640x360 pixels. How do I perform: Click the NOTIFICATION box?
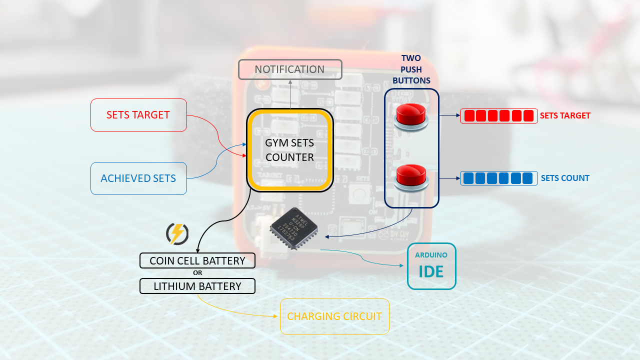click(290, 69)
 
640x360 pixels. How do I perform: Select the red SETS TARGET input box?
click(138, 115)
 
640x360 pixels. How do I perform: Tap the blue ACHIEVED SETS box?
click(138, 178)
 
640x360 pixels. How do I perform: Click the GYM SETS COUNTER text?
click(289, 150)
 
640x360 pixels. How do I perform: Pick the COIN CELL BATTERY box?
click(197, 260)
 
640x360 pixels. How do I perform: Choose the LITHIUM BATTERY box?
click(197, 286)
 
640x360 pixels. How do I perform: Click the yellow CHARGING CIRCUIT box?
click(334, 316)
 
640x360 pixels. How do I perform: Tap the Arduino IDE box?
click(431, 266)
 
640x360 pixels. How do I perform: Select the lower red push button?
click(411, 176)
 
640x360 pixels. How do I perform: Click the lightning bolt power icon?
click(177, 234)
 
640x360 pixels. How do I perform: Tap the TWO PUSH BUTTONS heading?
click(411, 69)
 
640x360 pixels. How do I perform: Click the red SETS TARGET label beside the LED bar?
click(565, 116)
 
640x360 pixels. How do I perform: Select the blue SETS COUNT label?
click(565, 178)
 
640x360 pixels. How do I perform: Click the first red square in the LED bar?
click(469, 116)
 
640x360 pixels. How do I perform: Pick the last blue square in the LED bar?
click(527, 178)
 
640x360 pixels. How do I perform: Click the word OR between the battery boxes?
click(197, 273)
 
